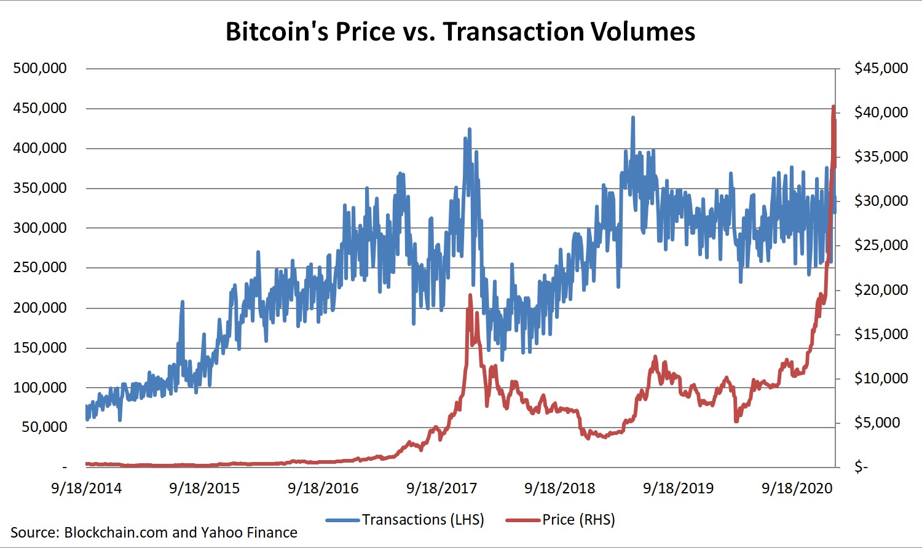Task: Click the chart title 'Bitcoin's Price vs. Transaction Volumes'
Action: [x=460, y=32]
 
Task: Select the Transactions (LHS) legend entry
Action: [x=406, y=520]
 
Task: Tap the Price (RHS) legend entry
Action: [x=561, y=520]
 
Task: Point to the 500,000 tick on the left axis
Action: [x=40, y=68]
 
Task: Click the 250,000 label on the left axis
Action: [x=40, y=267]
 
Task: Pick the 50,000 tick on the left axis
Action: [x=44, y=427]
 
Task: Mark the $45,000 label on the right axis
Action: [x=881, y=68]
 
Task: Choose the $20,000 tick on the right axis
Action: [x=881, y=289]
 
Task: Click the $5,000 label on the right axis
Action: [x=877, y=423]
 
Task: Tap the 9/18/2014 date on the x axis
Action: [x=86, y=488]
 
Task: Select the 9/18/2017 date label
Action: [x=441, y=488]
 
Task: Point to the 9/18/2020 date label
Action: [x=797, y=488]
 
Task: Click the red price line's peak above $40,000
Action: [x=833, y=107]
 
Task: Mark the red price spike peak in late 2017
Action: [x=470, y=296]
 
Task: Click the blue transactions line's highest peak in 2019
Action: [x=632, y=117]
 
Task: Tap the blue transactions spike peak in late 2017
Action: [x=470, y=129]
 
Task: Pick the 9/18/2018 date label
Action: [x=559, y=488]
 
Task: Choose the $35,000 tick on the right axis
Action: [x=881, y=157]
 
